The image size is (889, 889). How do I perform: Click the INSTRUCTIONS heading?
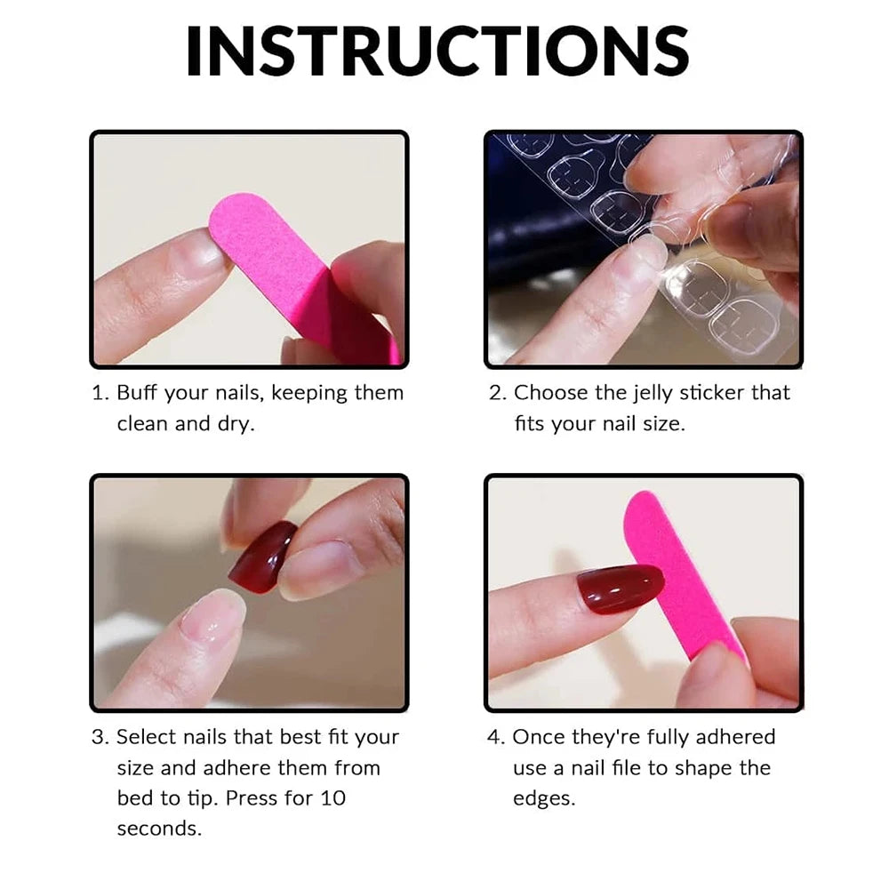click(437, 51)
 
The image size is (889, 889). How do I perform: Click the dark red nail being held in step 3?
click(262, 557)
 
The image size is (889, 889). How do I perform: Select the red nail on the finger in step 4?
click(620, 589)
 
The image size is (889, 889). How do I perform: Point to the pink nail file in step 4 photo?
click(680, 569)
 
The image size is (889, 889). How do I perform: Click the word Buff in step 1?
click(139, 393)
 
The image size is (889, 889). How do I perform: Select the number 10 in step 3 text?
click(333, 797)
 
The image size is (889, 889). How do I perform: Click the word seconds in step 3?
click(159, 828)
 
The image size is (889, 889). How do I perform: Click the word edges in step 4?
click(544, 797)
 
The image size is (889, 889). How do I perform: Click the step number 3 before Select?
click(99, 737)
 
